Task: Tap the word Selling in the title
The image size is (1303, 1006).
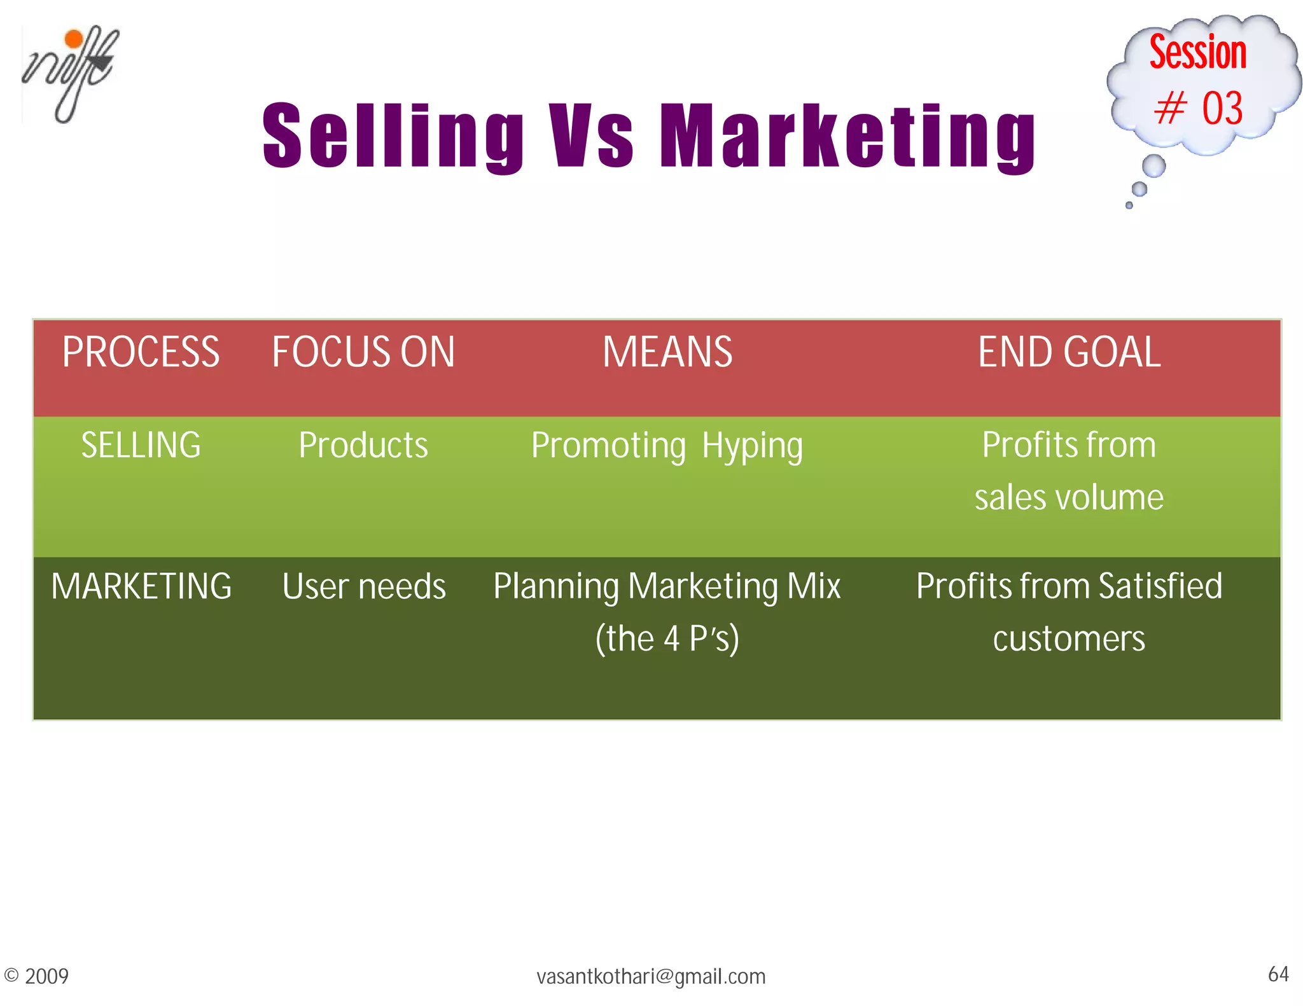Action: pos(393,136)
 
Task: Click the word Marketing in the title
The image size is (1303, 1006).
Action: pos(847,136)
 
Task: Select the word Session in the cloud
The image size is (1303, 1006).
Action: pos(1197,52)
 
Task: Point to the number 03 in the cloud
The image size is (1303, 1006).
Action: pos(1222,107)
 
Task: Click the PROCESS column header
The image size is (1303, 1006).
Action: pos(141,352)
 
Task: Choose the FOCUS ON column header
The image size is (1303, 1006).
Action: pos(363,352)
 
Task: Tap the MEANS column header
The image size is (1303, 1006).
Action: pos(667,352)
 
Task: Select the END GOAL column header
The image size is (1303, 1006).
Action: pos(1069,352)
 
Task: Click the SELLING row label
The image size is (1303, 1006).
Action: pos(141,445)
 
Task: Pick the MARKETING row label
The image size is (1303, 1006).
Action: pos(141,586)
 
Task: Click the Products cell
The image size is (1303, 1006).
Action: pos(363,445)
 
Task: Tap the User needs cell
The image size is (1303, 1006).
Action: pos(363,586)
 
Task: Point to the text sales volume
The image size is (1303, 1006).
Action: pos(1069,497)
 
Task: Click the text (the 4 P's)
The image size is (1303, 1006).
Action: pos(667,638)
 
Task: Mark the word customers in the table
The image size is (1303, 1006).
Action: pos(1069,638)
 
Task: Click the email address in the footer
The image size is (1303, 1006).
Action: pos(651,977)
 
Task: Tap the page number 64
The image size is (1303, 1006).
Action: pos(1278,974)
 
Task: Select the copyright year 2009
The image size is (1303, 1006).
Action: pos(46,977)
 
